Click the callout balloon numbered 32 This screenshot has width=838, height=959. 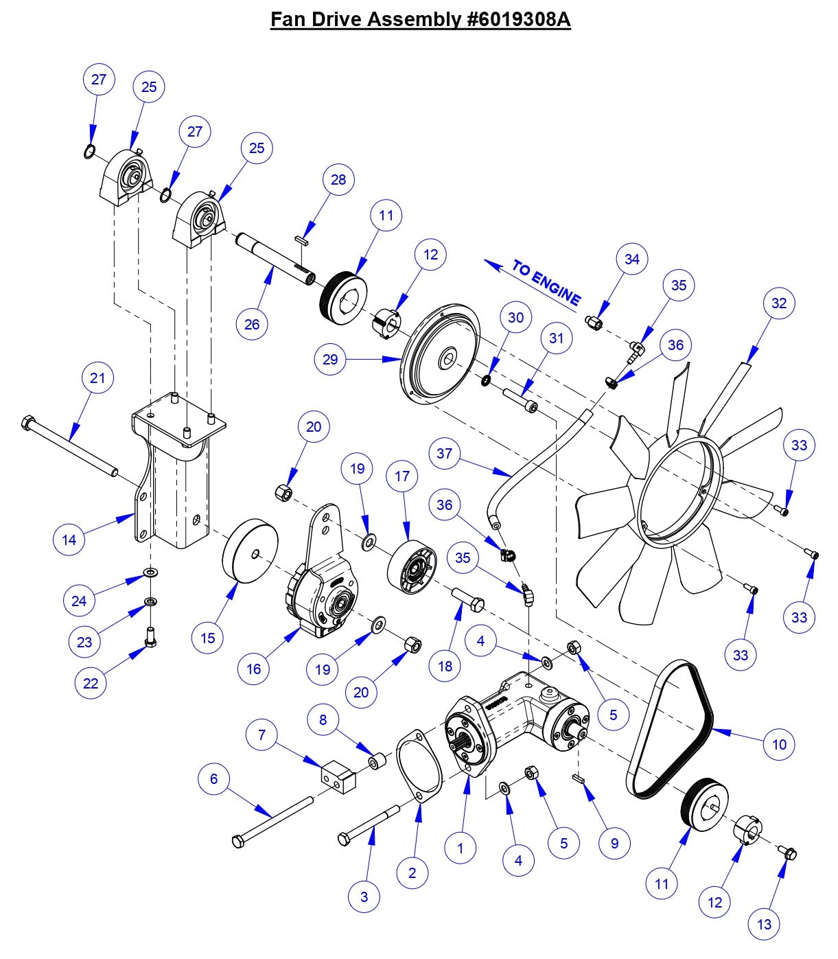pos(779,303)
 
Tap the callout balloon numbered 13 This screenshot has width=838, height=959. pos(764,924)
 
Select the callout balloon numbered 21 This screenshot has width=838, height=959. pos(98,378)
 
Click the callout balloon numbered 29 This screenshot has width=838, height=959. pos(330,359)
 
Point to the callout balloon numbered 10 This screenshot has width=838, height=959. pos(779,743)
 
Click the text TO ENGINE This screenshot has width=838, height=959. pos(546,282)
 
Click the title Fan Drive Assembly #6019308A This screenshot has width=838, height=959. pos(420,19)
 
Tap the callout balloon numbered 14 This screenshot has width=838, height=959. pos(69,540)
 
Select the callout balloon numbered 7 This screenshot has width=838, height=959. pos(261,735)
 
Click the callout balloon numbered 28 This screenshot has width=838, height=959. pos(338,179)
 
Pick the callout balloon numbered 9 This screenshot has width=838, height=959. pos(614,842)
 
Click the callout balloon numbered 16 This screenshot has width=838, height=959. pos(253,668)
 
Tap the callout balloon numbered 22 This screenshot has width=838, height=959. pos(91,683)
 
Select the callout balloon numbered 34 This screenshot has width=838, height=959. pos(631,259)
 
